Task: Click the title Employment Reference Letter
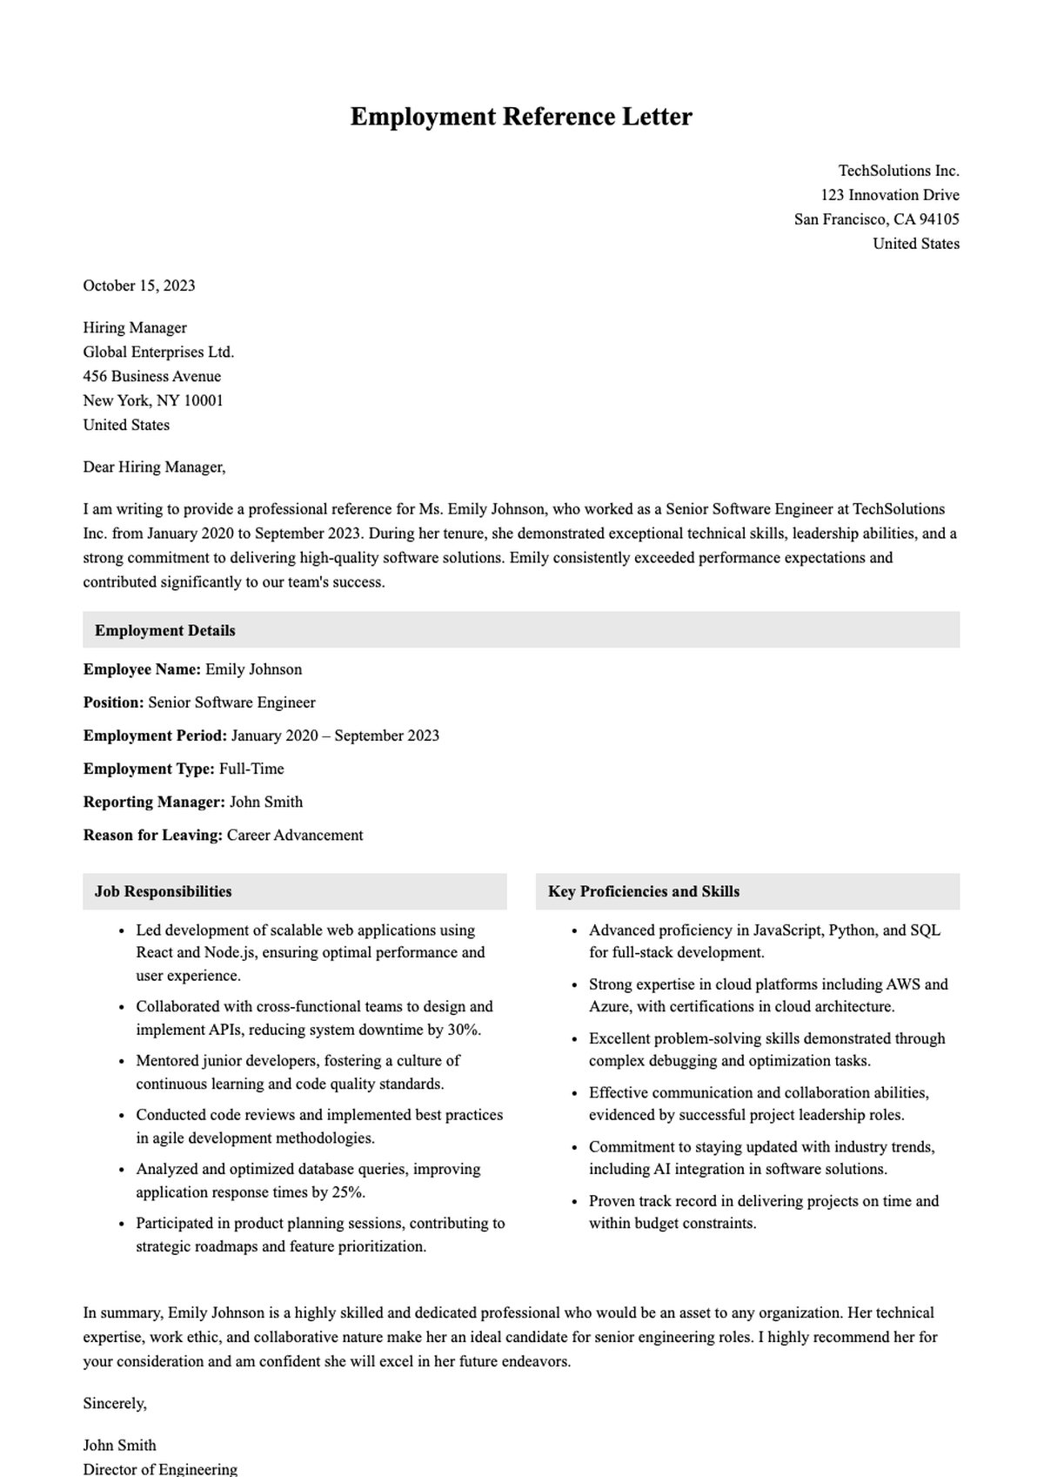tap(520, 117)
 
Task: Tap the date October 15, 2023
tap(139, 285)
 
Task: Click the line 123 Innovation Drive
tap(889, 195)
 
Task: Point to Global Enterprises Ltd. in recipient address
tap(158, 352)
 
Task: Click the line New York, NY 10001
tap(153, 400)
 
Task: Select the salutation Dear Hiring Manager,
tap(154, 467)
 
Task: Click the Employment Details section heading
tap(165, 630)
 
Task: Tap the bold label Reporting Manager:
tap(154, 802)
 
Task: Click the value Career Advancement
tap(295, 835)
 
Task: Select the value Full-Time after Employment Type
tap(251, 769)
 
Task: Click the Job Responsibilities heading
tap(163, 891)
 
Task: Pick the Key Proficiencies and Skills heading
tap(643, 891)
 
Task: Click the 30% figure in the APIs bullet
tap(463, 1030)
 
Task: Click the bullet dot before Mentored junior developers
tap(120, 1062)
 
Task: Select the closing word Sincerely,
tap(115, 1403)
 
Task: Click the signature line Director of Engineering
tap(160, 1469)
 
